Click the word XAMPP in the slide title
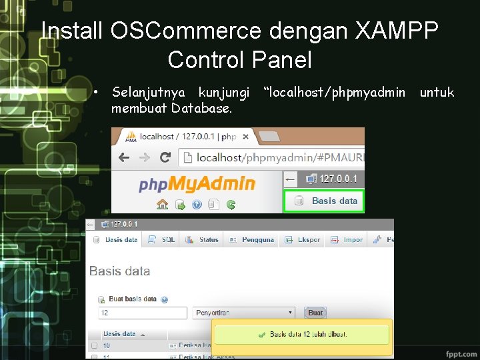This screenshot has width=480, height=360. (397, 31)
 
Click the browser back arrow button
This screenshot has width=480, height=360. (124, 158)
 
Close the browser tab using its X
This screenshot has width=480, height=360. (245, 137)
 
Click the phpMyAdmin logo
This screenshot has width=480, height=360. (197, 183)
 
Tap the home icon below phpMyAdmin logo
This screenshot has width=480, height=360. (162, 204)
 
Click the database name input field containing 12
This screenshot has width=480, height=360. (142, 312)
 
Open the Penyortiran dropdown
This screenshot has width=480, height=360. (244, 312)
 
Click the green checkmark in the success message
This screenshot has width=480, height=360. (262, 334)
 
